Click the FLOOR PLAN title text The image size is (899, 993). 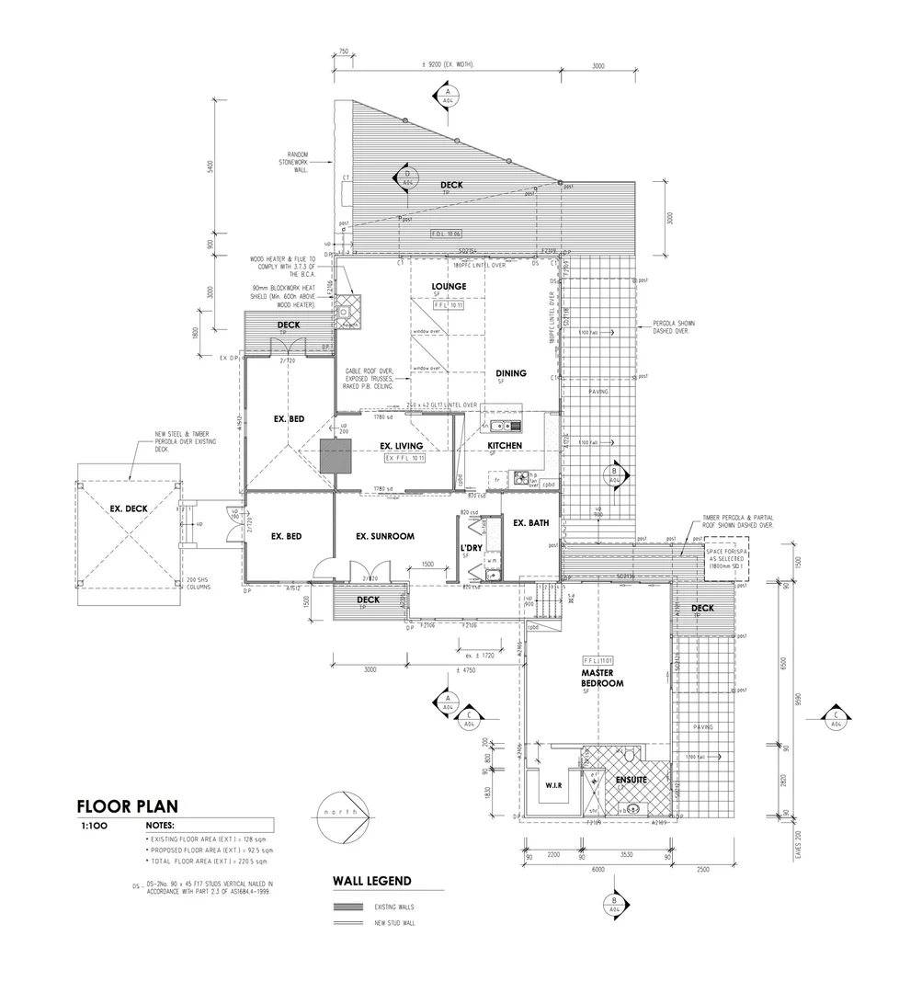point(120,807)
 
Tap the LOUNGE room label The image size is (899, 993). point(449,287)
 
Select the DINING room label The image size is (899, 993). point(511,373)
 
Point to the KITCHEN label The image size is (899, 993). point(505,446)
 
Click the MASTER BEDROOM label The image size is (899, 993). point(602,679)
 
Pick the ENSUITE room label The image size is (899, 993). point(632,780)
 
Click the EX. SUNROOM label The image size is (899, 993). point(386,536)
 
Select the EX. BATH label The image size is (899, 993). point(530,523)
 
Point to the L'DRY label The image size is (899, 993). point(472,547)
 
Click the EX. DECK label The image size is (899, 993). point(129,508)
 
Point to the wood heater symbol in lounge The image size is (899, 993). point(349,308)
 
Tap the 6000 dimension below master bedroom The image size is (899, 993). point(597,867)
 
